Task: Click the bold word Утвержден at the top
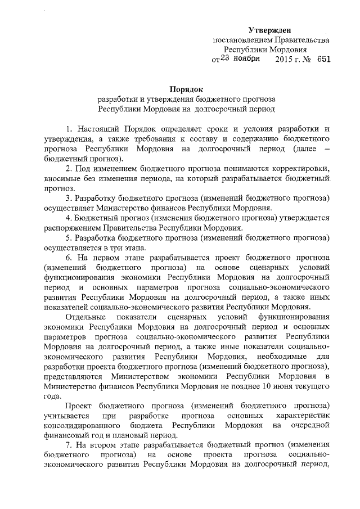271,29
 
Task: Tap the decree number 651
323,59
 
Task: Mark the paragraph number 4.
68,218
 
